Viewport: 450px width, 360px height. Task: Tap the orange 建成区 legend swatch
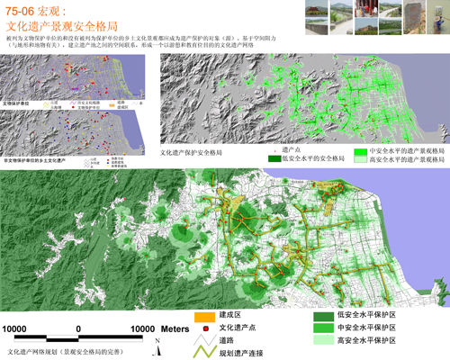point(202,316)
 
